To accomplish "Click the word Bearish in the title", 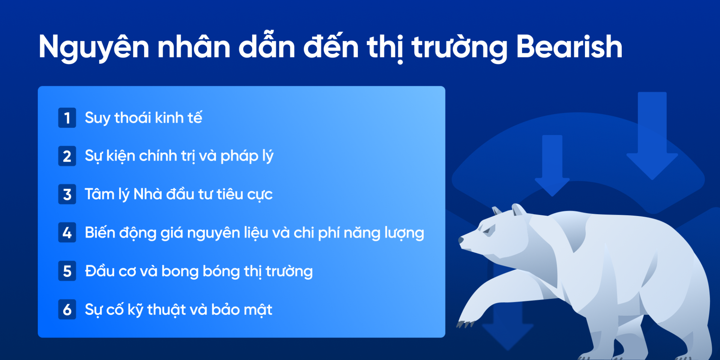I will click(569, 47).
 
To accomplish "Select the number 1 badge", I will click(67, 118).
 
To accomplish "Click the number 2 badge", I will click(67, 156).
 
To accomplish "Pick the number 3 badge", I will click(67, 194).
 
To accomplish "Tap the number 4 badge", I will click(67, 232).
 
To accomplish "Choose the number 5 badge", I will click(67, 271).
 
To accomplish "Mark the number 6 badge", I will click(67, 309).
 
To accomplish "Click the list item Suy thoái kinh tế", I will click(143, 118).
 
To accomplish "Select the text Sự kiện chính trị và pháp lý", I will click(179, 156).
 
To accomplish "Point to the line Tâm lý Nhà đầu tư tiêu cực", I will click(178, 194).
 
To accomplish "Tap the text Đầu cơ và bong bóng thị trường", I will click(199, 271).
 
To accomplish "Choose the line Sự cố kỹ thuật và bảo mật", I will click(178, 310).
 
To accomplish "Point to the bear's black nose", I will click(461, 240).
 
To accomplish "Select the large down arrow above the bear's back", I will click(652, 135).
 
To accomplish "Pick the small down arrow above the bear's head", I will click(552, 165).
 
